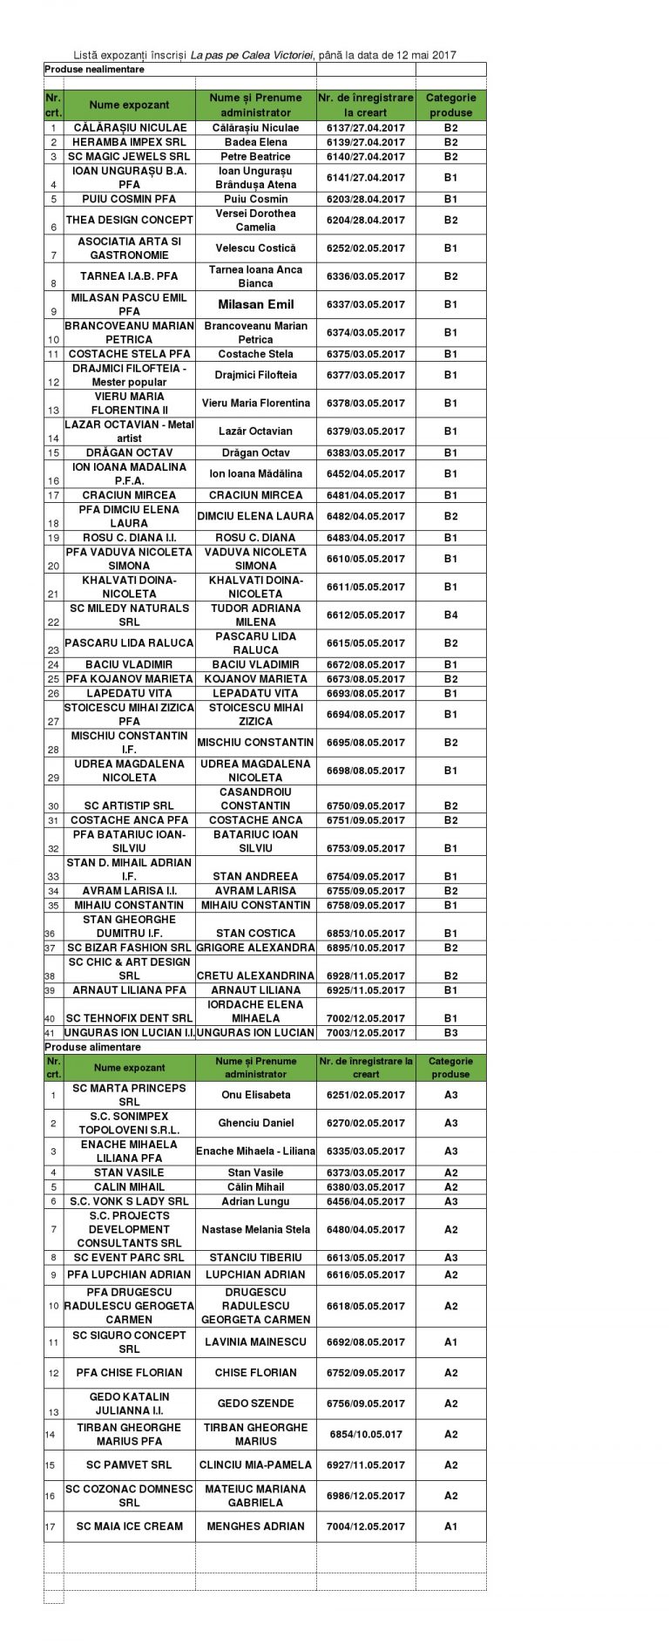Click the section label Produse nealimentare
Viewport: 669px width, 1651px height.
point(94,69)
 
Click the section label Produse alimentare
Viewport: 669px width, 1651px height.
point(91,1047)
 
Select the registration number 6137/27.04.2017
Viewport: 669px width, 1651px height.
point(365,127)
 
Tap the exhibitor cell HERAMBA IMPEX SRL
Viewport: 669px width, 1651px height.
point(129,142)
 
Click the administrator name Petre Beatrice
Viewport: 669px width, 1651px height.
point(255,157)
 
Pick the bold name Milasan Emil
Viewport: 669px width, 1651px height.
point(255,304)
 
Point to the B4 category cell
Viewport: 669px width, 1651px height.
point(450,615)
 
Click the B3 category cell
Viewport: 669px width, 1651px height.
point(450,1032)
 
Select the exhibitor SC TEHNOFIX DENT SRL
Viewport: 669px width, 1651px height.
point(129,1018)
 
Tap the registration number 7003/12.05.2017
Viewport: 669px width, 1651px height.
point(365,1032)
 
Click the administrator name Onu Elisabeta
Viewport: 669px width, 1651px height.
point(255,1095)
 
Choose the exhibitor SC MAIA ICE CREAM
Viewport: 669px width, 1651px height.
point(129,1526)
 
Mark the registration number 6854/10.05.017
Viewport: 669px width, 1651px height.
point(365,1434)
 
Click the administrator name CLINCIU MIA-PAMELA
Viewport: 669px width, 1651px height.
point(255,1464)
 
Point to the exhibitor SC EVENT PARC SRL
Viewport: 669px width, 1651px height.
point(129,1258)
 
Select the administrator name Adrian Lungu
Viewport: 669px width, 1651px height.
point(255,1201)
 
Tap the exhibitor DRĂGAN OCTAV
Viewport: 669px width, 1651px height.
point(129,452)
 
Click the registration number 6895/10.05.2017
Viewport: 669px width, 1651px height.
point(365,948)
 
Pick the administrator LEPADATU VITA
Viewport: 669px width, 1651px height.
point(255,693)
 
